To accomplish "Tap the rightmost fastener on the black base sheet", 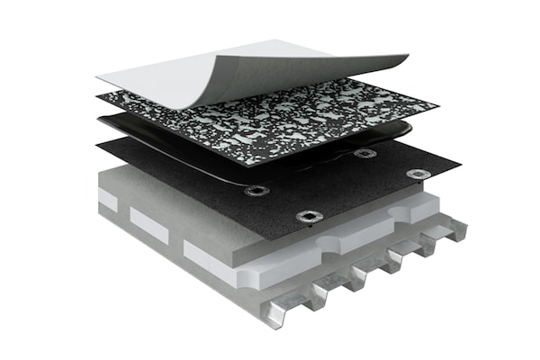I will [x=418, y=174].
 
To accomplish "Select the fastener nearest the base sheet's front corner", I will [x=309, y=216].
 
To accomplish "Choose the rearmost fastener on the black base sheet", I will [x=364, y=153].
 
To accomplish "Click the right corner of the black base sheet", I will [x=460, y=166].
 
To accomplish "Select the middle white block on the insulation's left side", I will [x=148, y=224].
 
